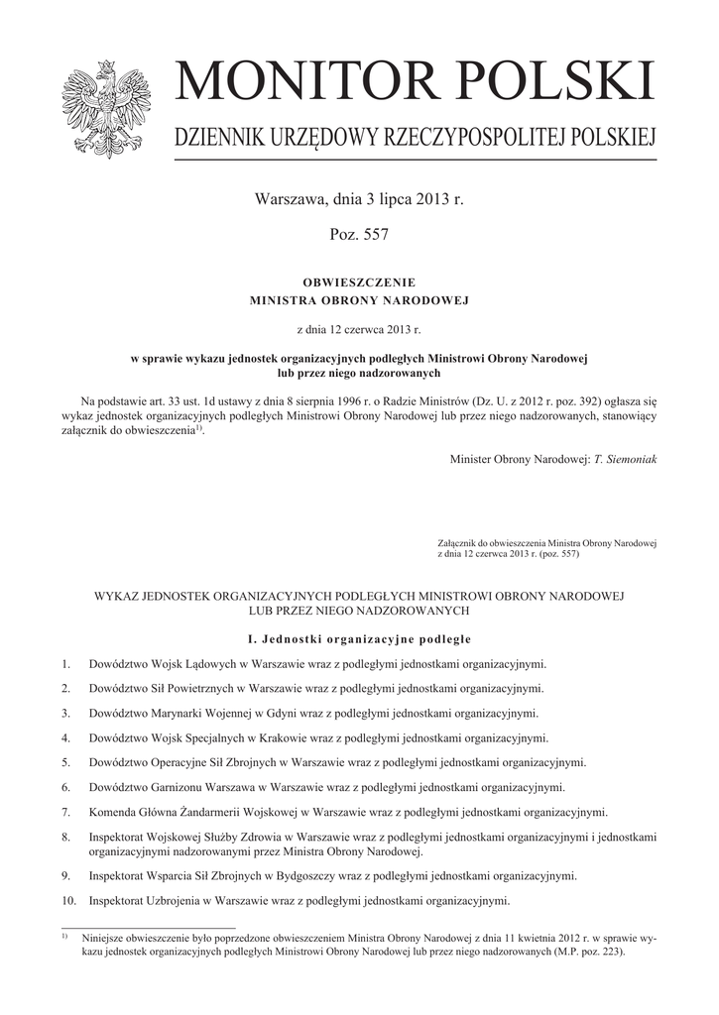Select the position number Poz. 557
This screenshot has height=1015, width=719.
(x=358, y=234)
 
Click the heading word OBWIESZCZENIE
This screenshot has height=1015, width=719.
(x=359, y=282)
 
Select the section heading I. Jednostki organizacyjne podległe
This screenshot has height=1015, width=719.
(x=358, y=637)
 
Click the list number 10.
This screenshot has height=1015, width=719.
(x=67, y=901)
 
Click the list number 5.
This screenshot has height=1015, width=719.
(x=64, y=762)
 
